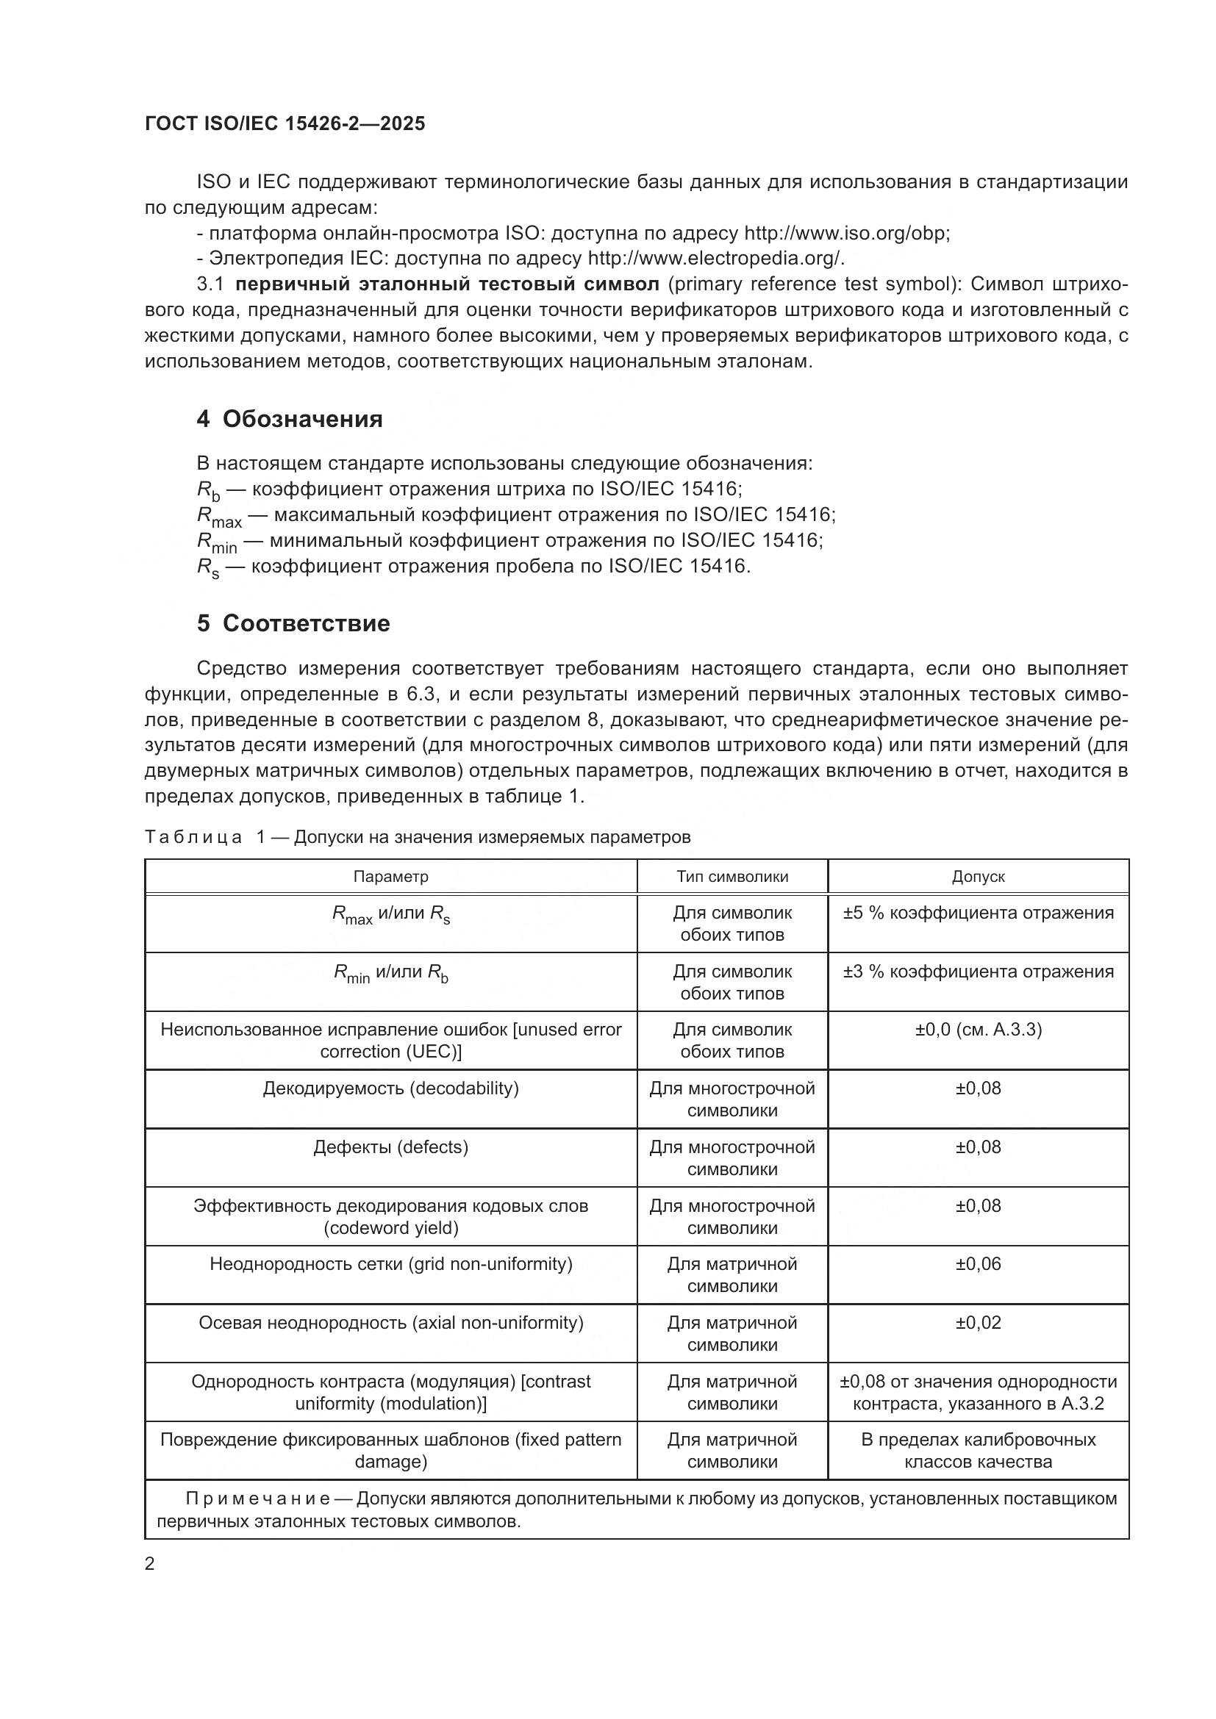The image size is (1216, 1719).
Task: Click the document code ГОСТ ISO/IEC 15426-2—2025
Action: pos(285,123)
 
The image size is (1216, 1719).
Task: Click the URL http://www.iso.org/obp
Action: pos(846,233)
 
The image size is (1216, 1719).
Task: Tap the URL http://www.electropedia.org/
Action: pos(716,258)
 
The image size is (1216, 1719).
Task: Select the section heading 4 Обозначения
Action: pos(289,419)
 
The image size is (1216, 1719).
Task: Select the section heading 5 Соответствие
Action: pos(293,624)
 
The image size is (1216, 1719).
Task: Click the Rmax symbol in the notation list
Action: pos(218,516)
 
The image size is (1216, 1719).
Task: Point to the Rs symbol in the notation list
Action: pos(207,567)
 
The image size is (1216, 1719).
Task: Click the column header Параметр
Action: pos(391,877)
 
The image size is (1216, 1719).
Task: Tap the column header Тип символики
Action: pos(732,877)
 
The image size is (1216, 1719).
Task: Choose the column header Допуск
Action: pos(978,877)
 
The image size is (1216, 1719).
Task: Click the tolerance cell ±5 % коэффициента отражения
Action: pos(978,913)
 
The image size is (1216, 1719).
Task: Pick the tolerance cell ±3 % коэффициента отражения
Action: pos(978,972)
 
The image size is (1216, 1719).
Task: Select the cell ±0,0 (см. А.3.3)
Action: pos(978,1030)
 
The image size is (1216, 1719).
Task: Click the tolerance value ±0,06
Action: pos(978,1264)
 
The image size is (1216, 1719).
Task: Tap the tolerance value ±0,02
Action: pos(978,1322)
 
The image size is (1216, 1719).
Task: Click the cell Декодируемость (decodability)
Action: pos(391,1088)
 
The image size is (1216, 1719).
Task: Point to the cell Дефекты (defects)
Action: pos(391,1147)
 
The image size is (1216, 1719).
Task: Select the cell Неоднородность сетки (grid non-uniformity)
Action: pos(391,1264)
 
